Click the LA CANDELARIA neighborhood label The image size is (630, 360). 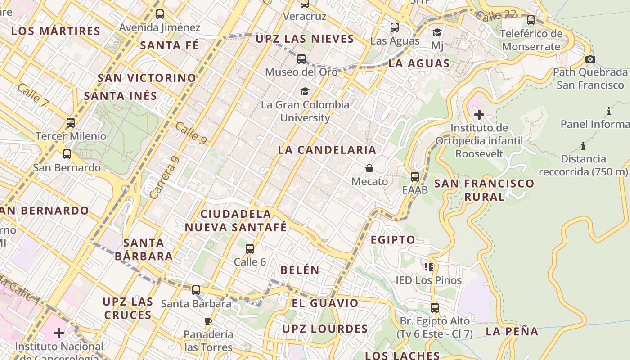point(327,150)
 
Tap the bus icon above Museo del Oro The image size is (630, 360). point(301,59)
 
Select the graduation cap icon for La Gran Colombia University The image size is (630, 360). point(305,92)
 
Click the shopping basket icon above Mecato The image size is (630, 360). point(369,169)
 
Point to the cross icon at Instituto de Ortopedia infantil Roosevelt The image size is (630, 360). point(479,115)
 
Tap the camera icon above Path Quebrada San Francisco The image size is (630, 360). point(590,59)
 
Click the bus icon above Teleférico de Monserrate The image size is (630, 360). point(531,20)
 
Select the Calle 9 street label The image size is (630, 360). point(191,134)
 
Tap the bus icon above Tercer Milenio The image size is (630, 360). point(71,122)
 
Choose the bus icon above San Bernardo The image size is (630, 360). point(67,154)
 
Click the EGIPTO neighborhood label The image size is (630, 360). point(393,240)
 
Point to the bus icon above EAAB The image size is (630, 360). point(415,177)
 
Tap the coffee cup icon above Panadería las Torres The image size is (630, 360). point(208,321)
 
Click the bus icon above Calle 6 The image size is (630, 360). point(250,248)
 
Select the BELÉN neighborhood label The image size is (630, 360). point(300,270)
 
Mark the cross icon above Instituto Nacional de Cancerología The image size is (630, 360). point(59,333)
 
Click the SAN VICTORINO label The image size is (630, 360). point(147,78)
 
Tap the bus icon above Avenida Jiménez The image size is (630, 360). point(160,14)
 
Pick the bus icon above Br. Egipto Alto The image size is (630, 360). point(434,308)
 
